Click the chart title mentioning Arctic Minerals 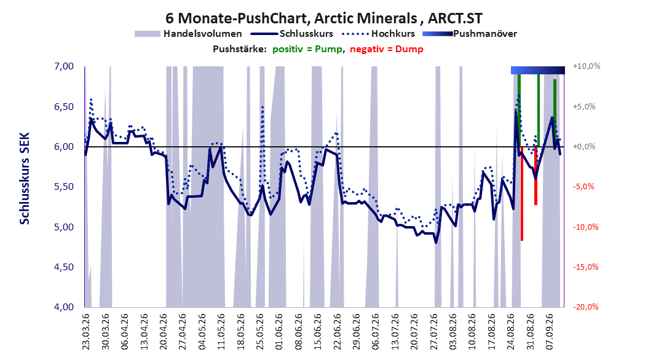323,18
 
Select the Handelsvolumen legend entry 188,34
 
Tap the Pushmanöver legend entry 470,34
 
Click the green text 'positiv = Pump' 307,49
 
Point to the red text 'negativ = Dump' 387,49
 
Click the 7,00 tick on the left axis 64,66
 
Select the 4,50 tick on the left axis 64,267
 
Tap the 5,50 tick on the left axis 64,187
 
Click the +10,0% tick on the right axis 587,66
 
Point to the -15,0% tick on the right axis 585,267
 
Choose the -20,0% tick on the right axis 585,307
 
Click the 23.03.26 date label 86,332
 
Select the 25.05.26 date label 259,332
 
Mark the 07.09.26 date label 550,332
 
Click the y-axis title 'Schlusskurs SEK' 25,178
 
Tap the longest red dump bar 522,194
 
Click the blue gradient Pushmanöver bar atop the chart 538,70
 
